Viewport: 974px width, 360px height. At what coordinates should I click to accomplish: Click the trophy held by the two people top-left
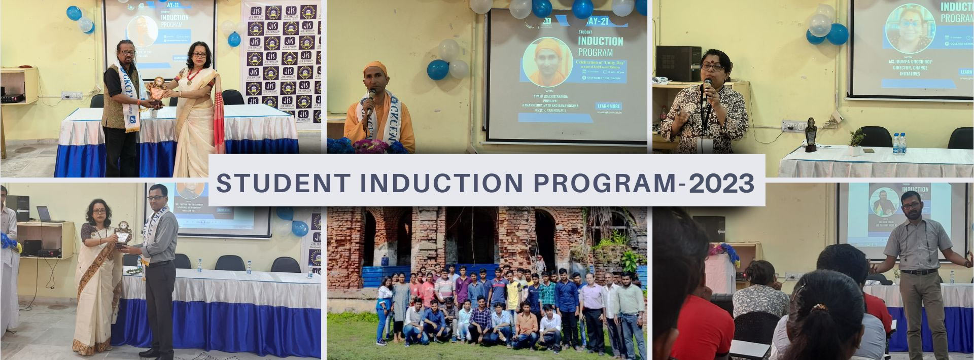pyautogui.click(x=157, y=91)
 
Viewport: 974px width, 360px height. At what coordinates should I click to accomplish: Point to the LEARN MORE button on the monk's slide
pyautogui.click(x=609, y=106)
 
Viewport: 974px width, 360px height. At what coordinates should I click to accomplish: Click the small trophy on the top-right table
pyautogui.click(x=811, y=135)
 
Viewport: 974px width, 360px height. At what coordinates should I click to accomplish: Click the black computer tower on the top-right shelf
pyautogui.click(x=678, y=63)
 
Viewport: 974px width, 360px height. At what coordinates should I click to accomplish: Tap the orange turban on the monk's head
pyautogui.click(x=375, y=67)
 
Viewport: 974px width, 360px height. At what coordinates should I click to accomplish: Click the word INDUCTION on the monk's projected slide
pyautogui.click(x=600, y=42)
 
